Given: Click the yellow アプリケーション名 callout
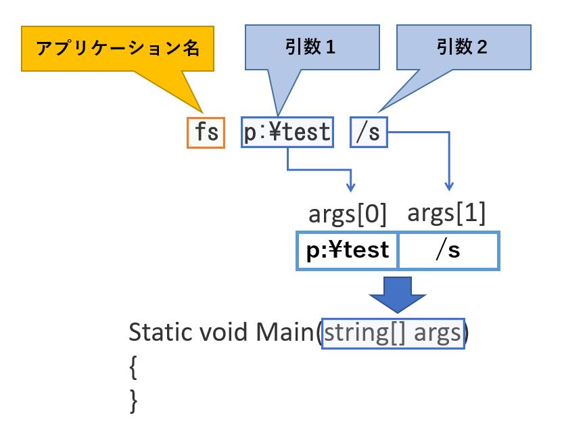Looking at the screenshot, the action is coord(118,49).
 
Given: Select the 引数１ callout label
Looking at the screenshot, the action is coord(310,47).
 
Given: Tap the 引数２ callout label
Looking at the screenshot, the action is coord(462,47).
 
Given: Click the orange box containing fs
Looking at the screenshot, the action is coord(206,133).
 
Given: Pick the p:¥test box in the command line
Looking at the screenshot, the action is coord(287,133).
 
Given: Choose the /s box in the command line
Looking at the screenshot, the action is coord(369,133).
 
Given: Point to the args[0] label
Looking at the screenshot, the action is coord(348,214).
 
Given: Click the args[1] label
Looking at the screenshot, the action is coord(446,213).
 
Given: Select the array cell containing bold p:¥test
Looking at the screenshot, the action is coord(347,250).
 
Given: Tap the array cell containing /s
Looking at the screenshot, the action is coord(449,250).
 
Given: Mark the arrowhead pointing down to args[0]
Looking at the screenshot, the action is coord(350,187).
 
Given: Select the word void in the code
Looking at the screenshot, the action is coord(223,332).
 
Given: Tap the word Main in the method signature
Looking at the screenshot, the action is coord(285,332).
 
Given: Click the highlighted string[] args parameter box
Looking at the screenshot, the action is coord(393,333).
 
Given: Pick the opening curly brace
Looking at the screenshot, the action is coord(133,367).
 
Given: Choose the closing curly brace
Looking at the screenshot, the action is coord(133,401).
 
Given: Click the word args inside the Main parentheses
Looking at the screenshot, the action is coord(438,333).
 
